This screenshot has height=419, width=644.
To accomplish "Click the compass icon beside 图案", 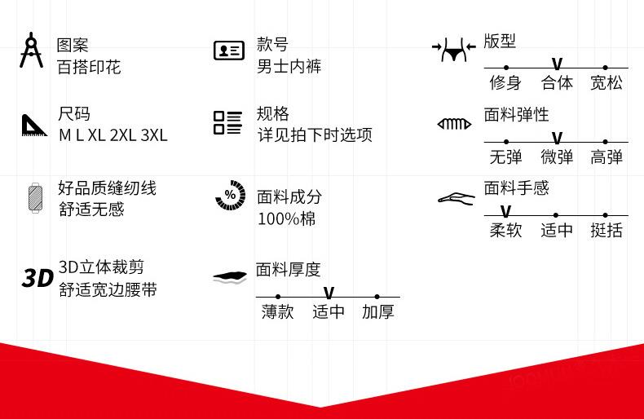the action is pyautogui.click(x=32, y=50).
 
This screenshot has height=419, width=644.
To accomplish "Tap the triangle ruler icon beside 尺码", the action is pyautogui.click(x=34, y=125).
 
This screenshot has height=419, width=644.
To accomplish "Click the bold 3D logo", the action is pyautogui.click(x=37, y=279).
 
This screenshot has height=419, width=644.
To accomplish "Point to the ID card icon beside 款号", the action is pyautogui.click(x=228, y=51).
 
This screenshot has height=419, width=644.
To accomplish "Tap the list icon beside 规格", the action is pyautogui.click(x=228, y=123).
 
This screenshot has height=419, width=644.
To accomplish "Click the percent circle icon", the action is pyautogui.click(x=230, y=196).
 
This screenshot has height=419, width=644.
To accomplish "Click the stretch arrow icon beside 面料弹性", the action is pyautogui.click(x=454, y=124).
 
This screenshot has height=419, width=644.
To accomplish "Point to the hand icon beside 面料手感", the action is pyautogui.click(x=456, y=198).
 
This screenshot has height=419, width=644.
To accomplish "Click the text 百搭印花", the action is pyautogui.click(x=89, y=67).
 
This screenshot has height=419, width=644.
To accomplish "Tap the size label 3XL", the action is pyautogui.click(x=153, y=135).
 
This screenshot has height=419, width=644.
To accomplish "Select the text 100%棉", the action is pyautogui.click(x=286, y=218).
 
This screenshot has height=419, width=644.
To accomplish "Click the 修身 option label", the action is pyautogui.click(x=505, y=82).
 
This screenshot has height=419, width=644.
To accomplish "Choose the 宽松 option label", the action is pyautogui.click(x=606, y=82).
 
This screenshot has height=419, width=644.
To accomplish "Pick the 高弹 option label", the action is pyautogui.click(x=606, y=157).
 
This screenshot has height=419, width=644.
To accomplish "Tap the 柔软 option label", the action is pyautogui.click(x=505, y=230).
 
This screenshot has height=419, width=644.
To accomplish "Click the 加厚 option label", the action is pyautogui.click(x=377, y=311).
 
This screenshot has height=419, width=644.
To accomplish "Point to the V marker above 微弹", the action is pyautogui.click(x=557, y=139).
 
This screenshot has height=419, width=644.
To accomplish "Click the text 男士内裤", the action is pyautogui.click(x=289, y=67).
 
